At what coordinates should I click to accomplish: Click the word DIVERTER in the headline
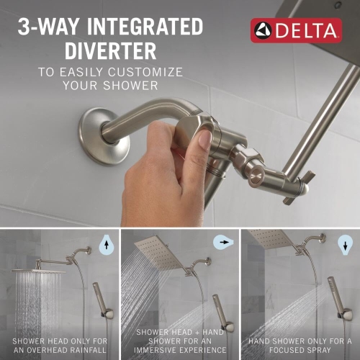(110, 51)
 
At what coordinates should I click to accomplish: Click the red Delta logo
(296, 31)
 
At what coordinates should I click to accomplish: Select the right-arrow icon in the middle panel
(224, 243)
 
